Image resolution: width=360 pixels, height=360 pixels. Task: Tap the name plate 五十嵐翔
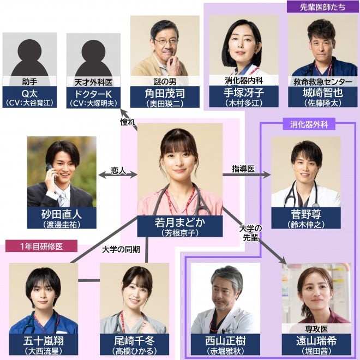pyautogui.click(x=44, y=345)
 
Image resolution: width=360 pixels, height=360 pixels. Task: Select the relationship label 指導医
pyautogui.click(x=243, y=170)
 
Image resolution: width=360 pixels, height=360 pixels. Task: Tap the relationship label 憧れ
pyautogui.click(x=127, y=123)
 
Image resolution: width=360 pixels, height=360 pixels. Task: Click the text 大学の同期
pyautogui.click(x=121, y=250)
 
